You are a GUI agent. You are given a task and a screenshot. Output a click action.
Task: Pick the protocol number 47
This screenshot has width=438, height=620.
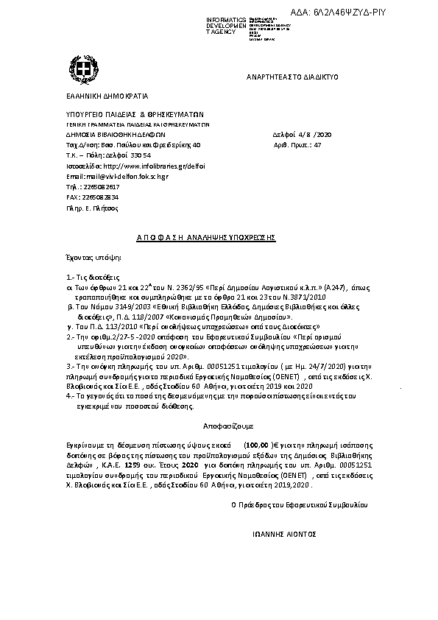[x=317, y=146]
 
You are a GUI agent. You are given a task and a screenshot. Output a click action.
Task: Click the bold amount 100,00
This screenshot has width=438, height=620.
[x=258, y=446]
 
